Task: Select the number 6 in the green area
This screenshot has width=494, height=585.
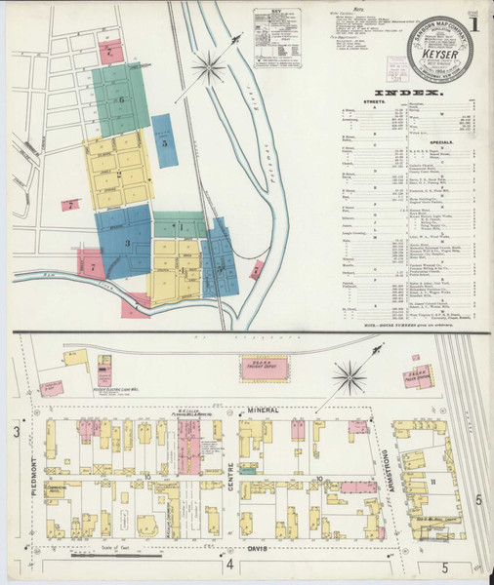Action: (122, 99)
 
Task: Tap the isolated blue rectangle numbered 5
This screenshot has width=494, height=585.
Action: (165, 142)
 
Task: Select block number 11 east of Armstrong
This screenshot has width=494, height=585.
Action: (431, 482)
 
